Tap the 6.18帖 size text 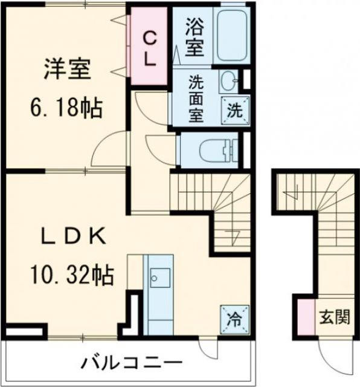66,108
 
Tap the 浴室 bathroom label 194,37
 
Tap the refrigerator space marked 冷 234,316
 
